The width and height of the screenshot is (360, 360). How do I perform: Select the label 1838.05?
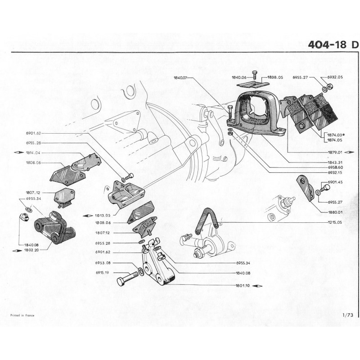[274, 78]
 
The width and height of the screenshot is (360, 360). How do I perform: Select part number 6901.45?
[335, 182]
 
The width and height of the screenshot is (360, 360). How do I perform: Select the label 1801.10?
[243, 285]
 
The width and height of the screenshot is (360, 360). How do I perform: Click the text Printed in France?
[22, 315]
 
